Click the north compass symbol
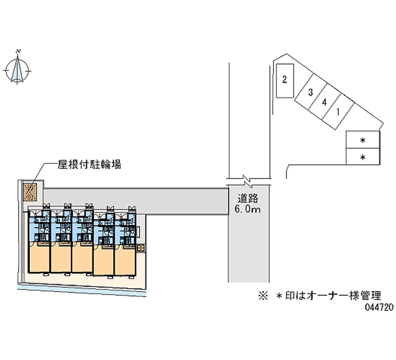coord(18,69)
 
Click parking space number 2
coord(285,80)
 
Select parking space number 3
coord(310,92)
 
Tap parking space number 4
coord(324,103)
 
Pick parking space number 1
coord(338,111)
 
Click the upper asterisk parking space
coord(363,141)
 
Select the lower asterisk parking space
coord(363,157)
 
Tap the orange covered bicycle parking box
coord(30,191)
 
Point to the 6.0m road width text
coord(248,209)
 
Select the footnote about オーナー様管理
coord(319,297)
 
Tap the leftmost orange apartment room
coord(39,258)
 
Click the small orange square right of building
coord(141,247)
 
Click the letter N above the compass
coord(18,51)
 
